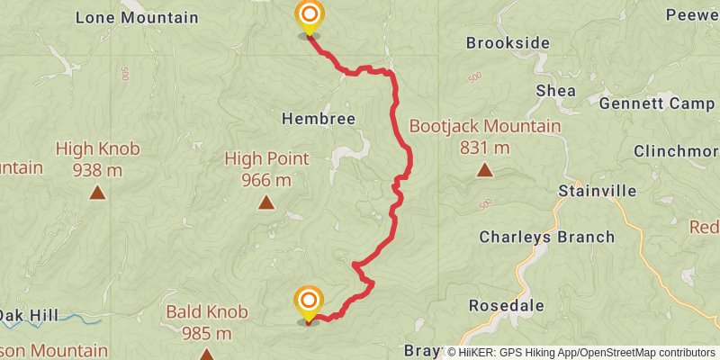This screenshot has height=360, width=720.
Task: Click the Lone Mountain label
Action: [x=137, y=17]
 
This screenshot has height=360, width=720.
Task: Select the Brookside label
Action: [x=508, y=42]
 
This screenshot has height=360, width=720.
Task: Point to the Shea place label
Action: [x=555, y=90]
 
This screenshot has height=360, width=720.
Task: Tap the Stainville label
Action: [x=597, y=191]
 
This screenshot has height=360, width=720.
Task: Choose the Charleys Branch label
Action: [x=546, y=238]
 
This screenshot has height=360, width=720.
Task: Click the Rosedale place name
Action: [x=507, y=305]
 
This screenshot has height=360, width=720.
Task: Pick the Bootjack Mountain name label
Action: [x=484, y=127]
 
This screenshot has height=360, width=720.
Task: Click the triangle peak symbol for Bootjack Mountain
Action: [x=484, y=169]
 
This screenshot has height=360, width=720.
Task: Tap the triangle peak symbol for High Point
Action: [x=266, y=202]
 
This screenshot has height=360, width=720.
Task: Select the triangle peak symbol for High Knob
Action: [x=97, y=192]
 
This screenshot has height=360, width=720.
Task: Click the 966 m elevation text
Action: [x=266, y=180]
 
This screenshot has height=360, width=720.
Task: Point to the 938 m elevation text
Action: [x=97, y=169]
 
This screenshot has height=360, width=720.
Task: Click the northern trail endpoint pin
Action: [x=309, y=16]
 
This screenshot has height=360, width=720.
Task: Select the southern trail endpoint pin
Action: [x=309, y=301]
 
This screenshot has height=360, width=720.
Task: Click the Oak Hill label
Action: [x=28, y=315]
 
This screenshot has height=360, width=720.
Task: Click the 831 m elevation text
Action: [x=484, y=148]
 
